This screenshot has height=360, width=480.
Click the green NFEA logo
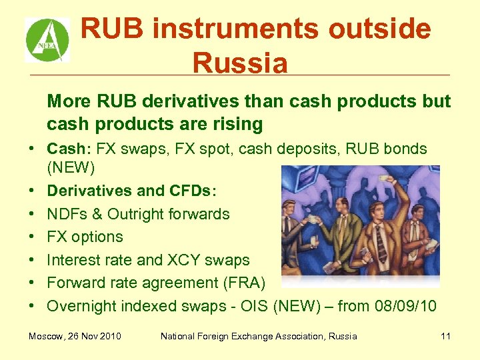pos(47,40)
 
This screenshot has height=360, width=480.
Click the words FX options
pos(85,237)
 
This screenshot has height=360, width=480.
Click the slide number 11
pos(445,336)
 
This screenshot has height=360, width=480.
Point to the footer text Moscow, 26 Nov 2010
pos(75,336)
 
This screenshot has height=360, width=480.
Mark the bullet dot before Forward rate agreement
pos(32,283)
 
